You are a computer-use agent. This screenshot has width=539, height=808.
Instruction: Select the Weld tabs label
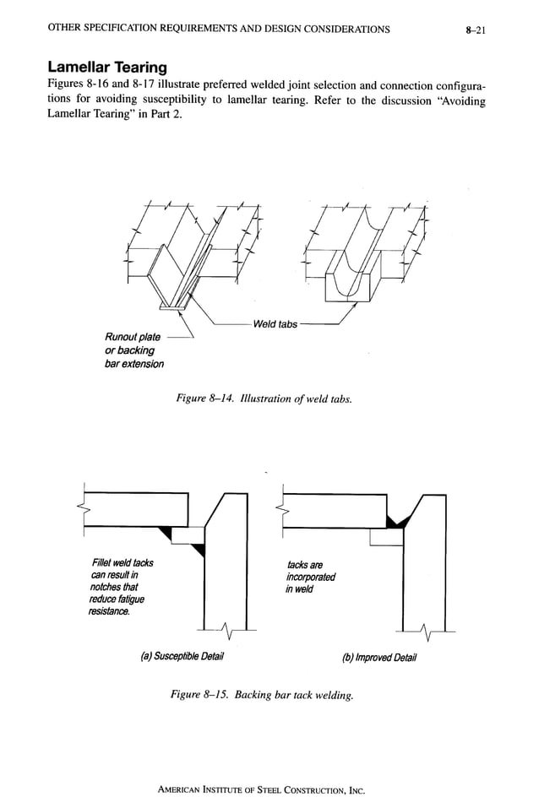coord(275,324)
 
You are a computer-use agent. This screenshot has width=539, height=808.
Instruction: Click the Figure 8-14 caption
coord(263,398)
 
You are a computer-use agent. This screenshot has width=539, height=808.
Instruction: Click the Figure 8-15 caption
coord(262,694)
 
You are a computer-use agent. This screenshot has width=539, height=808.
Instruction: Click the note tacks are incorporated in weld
coord(310,577)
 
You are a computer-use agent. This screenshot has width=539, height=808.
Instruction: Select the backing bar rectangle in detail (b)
coord(387,537)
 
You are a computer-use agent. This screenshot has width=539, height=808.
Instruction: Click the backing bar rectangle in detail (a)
coord(189,535)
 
